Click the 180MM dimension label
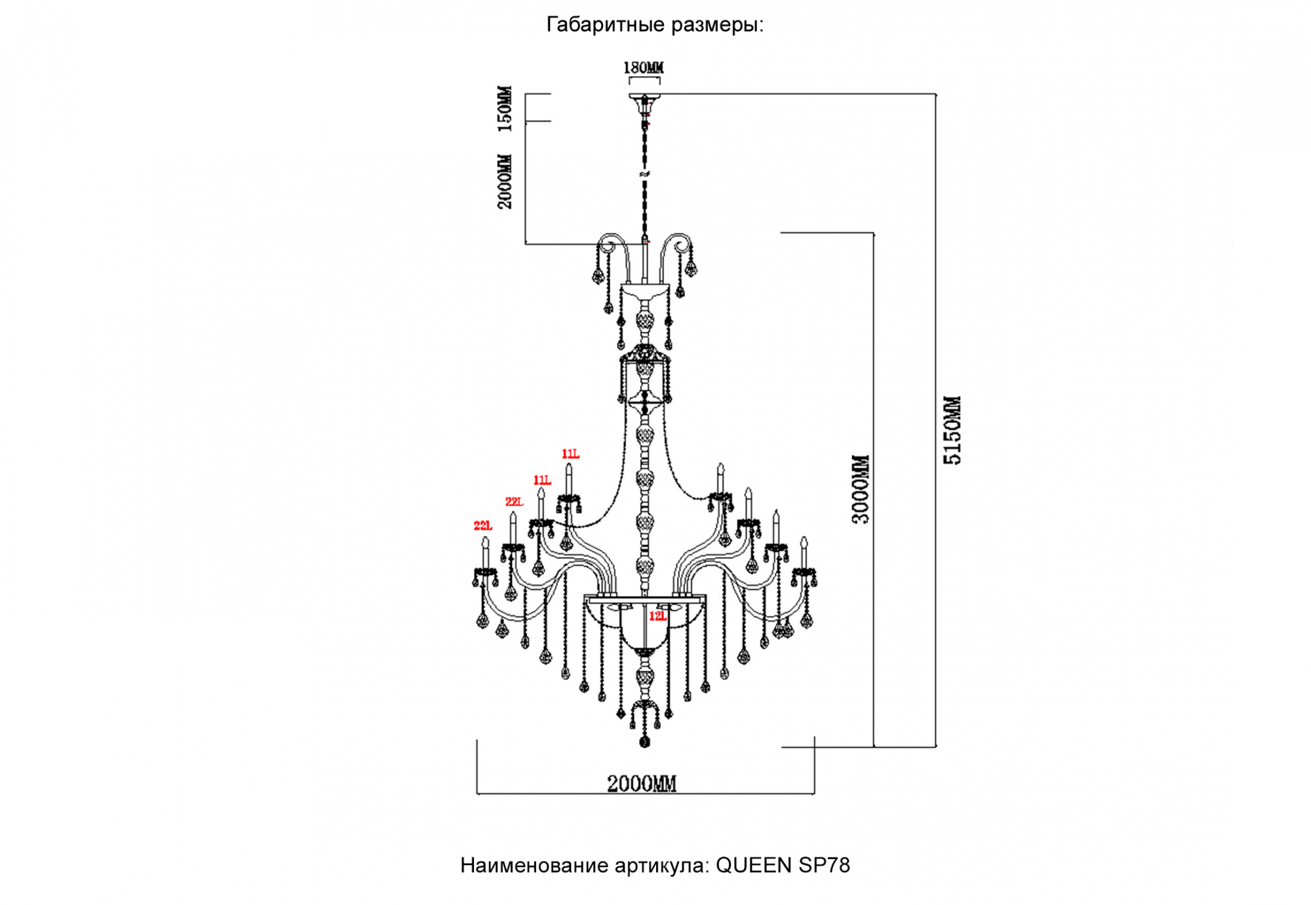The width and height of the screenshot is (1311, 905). [643, 68]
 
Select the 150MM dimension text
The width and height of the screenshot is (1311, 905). [505, 108]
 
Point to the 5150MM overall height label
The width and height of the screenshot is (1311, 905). [952, 430]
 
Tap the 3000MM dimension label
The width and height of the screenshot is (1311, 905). [861, 489]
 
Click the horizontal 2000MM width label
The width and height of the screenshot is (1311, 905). [641, 784]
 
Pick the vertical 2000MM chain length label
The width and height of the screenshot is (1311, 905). [505, 182]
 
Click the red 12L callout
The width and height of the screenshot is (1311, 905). [657, 616]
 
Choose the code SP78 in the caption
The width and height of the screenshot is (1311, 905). [825, 866]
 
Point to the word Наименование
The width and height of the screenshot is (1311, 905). [534, 866]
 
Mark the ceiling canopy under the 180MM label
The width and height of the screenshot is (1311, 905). [644, 98]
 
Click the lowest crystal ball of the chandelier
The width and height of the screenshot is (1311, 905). [644, 742]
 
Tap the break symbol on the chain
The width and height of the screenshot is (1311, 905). [644, 174]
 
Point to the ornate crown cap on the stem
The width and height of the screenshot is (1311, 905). [645, 355]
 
